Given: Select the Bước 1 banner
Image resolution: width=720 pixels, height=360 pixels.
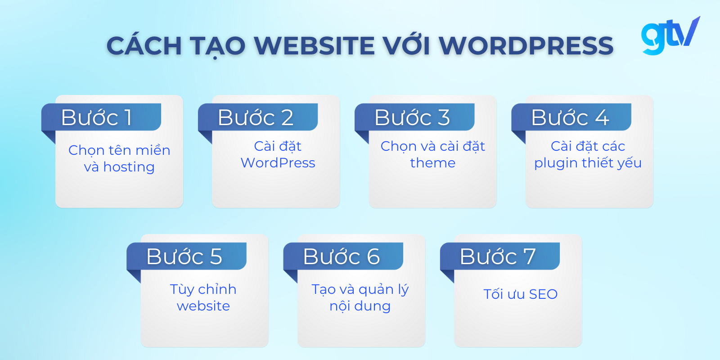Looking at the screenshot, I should point(102,117).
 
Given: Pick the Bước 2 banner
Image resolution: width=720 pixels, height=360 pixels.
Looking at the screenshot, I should point(258,117).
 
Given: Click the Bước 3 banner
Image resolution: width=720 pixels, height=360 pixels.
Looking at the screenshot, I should point(415,117).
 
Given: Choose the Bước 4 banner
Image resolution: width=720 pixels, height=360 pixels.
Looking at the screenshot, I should point(571,117).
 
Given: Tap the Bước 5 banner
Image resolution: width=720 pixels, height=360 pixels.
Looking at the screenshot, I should point(187,256).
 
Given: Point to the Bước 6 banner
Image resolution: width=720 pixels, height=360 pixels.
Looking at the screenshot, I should point(343,256).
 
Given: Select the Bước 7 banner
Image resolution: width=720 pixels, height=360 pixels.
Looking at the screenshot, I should point(500,256).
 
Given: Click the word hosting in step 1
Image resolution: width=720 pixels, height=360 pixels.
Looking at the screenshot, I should point(129,167).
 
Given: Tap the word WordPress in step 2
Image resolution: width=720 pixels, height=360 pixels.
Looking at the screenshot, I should point(278,163).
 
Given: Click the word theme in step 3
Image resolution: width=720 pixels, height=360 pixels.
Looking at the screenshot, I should point(432,163).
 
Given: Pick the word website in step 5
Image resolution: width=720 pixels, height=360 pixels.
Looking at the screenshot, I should point(203,306).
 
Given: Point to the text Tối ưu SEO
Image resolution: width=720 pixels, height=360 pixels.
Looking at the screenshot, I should point(520,294).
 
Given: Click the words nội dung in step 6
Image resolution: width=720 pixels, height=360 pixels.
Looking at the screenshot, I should point(360,306).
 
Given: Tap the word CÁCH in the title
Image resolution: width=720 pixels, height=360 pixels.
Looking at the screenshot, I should point(144,46).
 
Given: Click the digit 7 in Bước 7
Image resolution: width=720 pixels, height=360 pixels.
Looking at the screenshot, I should point(529,256).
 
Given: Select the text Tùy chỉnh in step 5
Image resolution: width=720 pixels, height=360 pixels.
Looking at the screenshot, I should point(203,289).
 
